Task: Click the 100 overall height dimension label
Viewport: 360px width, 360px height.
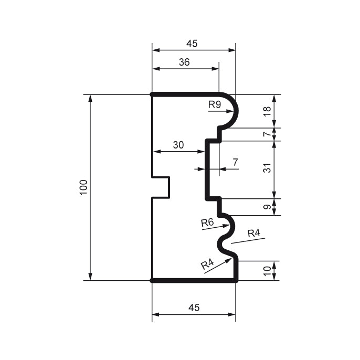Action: [83, 187]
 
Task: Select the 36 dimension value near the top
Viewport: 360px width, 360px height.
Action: [184, 61]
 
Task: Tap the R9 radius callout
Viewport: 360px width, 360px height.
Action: [214, 104]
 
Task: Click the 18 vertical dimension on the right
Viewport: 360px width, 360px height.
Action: [267, 111]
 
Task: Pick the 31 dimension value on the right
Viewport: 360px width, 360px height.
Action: [267, 169]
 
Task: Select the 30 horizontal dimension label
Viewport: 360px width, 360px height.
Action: [178, 145]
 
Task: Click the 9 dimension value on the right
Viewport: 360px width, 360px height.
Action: [267, 207]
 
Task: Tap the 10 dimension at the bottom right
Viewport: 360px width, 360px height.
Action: [267, 271]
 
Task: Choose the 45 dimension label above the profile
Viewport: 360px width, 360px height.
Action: [192, 44]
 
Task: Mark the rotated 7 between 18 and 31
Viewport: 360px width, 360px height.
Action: [267, 134]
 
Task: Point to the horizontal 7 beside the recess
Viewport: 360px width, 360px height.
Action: [235, 162]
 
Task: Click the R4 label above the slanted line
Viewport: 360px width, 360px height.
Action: [253, 233]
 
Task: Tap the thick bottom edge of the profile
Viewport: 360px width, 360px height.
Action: [194, 281]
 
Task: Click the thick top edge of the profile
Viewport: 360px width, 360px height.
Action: [185, 94]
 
